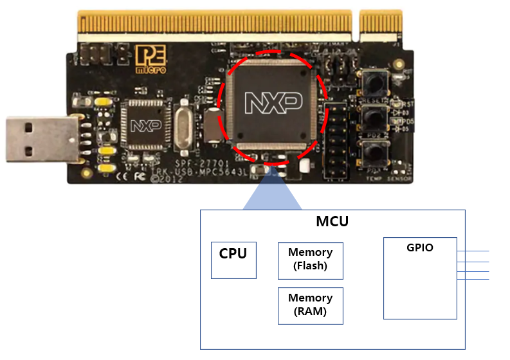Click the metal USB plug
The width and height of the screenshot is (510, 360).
[39, 139]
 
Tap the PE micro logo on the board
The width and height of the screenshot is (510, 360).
[150, 59]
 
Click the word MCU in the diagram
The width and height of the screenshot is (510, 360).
[332, 222]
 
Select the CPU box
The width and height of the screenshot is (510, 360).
[233, 260]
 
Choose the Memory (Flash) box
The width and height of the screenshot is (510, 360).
[311, 260]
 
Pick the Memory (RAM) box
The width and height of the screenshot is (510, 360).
[311, 305]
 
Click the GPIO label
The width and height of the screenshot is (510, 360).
[420, 248]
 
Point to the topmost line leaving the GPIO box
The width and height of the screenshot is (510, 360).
[473, 251]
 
